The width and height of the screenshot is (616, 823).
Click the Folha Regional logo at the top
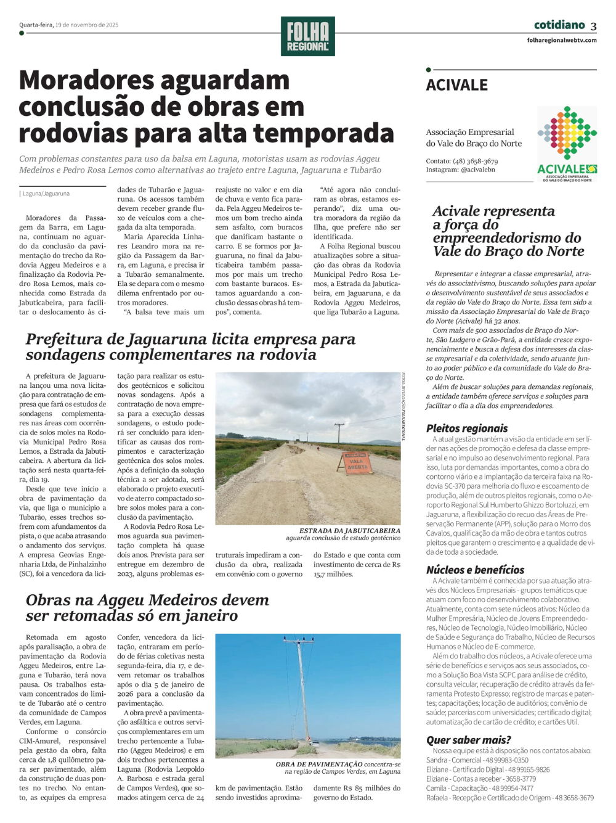[308, 36]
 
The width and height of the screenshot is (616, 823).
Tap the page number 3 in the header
[593, 27]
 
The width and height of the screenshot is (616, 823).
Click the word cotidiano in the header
[559, 25]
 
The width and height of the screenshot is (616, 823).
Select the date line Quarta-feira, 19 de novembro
[68, 25]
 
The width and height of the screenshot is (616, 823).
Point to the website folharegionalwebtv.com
[562, 41]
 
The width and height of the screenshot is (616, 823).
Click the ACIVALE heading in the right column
[457, 85]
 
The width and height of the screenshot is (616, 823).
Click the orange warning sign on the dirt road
[357, 462]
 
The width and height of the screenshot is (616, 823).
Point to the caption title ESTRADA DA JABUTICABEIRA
[349, 530]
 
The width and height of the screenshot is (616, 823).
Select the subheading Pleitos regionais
[467, 428]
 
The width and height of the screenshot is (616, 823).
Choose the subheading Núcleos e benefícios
[475, 570]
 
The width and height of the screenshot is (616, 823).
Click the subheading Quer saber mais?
[468, 740]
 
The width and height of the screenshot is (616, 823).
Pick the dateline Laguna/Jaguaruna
[46, 194]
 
